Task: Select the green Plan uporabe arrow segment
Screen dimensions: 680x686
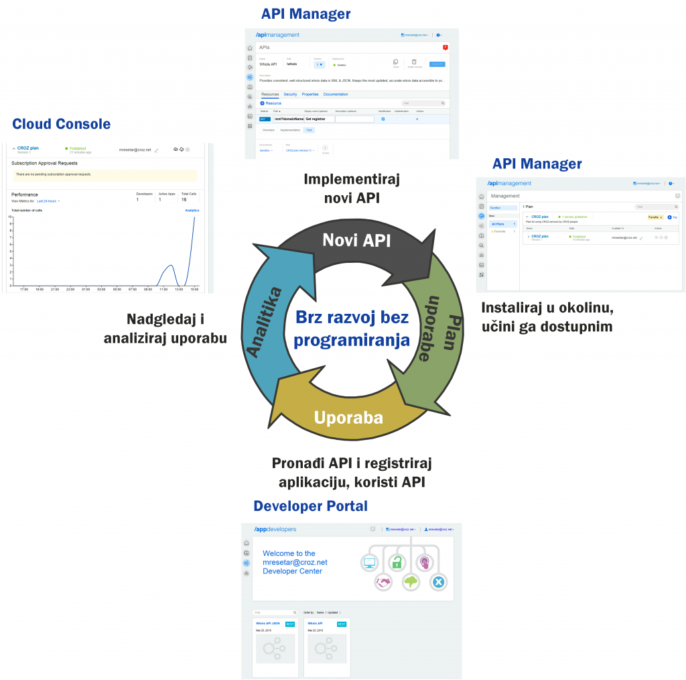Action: (439, 329)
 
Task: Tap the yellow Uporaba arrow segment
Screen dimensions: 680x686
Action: (348, 417)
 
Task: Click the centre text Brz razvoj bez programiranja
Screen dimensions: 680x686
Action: (352, 329)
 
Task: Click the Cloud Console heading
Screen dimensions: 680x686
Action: (62, 124)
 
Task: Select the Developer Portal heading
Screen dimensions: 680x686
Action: (310, 506)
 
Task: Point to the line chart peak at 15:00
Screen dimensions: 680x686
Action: (194, 218)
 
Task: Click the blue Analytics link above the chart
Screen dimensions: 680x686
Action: (192, 210)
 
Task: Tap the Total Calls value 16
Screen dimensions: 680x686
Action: (184, 199)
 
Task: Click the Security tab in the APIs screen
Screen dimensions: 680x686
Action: (290, 95)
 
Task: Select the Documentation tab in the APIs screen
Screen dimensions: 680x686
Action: (336, 95)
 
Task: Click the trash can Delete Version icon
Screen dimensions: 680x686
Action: (413, 62)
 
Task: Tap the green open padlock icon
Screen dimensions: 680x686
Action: (397, 562)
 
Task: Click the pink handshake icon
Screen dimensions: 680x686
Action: (383, 582)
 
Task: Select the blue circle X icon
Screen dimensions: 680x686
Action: (438, 582)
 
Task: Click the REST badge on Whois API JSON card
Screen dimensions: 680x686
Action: (289, 624)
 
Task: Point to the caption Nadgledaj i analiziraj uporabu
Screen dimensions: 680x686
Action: (165, 329)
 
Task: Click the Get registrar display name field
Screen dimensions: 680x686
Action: (319, 119)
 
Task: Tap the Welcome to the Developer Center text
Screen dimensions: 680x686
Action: (295, 562)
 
